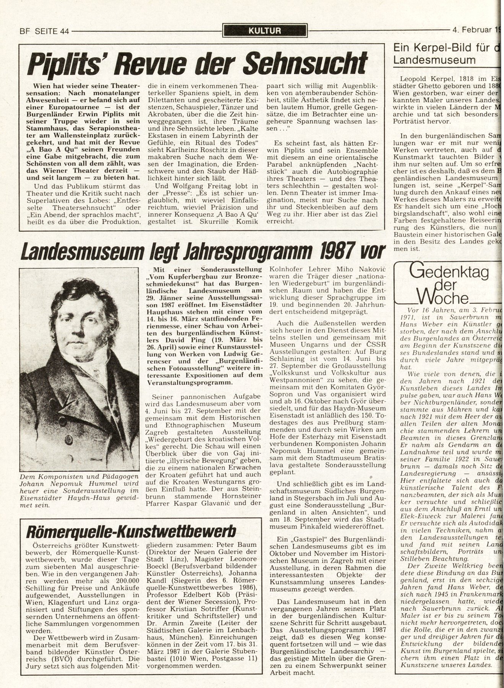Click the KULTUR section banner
[265, 31]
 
